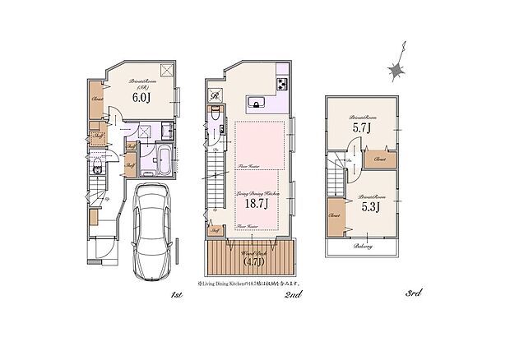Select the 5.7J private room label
(362, 128)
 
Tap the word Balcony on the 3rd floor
(364, 246)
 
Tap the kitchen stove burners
(281, 85)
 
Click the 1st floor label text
(175, 293)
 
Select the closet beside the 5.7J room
(380, 159)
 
